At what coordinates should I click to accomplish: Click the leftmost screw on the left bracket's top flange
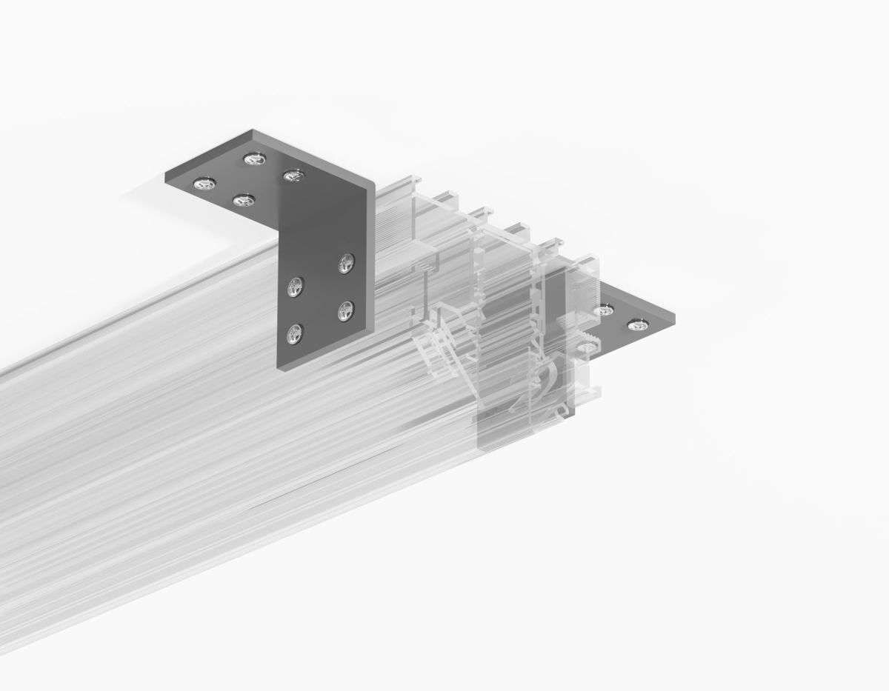[201, 184]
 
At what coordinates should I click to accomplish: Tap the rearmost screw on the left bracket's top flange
[253, 158]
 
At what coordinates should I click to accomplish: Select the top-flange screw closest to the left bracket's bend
[293, 176]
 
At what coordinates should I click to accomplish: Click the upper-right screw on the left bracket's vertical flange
[346, 262]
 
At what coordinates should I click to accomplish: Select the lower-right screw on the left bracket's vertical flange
[345, 310]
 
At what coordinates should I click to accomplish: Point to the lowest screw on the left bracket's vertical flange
[296, 334]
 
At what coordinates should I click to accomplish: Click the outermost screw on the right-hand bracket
[636, 324]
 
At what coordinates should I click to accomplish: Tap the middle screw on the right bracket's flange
[607, 311]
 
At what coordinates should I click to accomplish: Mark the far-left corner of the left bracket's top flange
[166, 175]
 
